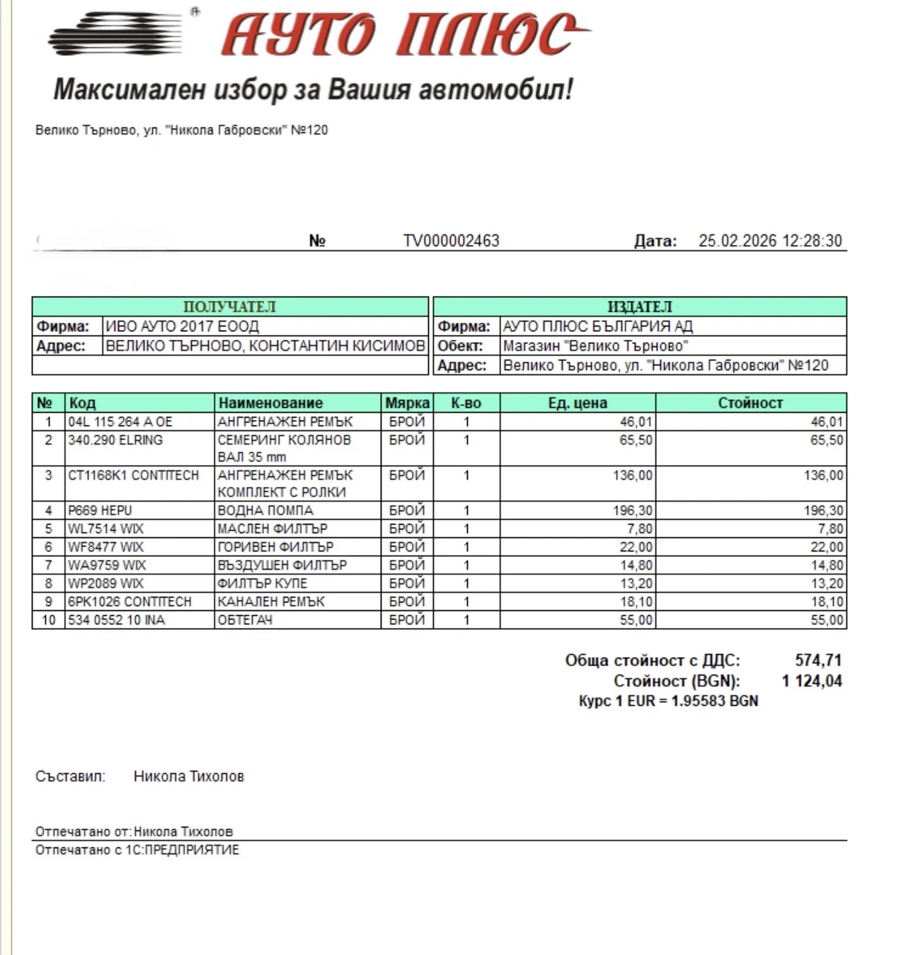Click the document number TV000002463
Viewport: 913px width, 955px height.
point(451,241)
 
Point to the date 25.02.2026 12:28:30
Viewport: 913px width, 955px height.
point(770,241)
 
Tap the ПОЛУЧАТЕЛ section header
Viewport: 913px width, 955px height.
point(229,307)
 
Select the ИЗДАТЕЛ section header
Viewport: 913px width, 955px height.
point(639,307)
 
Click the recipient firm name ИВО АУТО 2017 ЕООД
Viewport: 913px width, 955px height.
point(182,326)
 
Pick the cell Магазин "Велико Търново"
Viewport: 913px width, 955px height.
point(595,346)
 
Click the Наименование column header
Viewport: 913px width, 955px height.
point(270,403)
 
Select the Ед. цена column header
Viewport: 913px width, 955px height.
point(577,403)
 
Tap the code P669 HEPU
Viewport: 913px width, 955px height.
point(100,510)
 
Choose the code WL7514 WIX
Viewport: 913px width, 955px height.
point(105,529)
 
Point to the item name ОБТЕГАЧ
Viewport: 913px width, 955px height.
point(244,620)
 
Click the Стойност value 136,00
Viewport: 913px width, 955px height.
point(823,475)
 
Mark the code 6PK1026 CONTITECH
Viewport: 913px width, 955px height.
point(130,602)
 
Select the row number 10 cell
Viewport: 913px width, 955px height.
point(48,620)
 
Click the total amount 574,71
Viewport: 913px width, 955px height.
point(818,661)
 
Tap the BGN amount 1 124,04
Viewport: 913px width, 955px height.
point(812,681)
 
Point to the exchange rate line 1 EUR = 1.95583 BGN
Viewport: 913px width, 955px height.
point(668,701)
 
